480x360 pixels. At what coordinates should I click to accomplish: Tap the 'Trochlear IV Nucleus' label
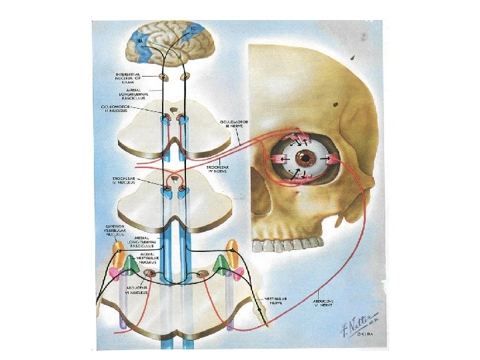(126, 181)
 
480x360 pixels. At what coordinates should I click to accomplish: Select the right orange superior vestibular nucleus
(233, 252)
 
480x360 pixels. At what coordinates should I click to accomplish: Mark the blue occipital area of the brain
(141, 43)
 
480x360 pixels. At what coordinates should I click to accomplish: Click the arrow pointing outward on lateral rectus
(331, 159)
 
